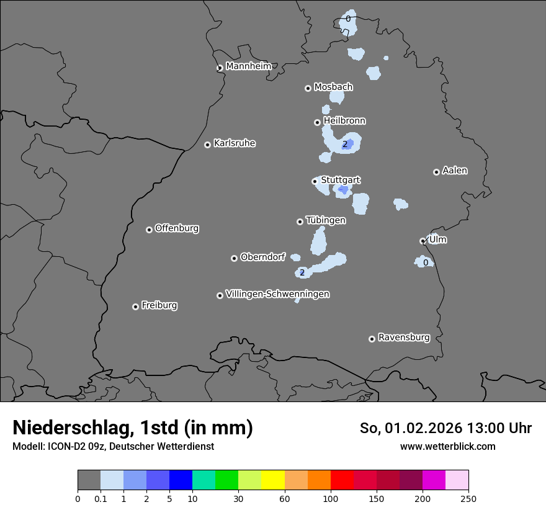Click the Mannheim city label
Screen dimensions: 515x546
248,66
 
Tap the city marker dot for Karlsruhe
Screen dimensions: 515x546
207,145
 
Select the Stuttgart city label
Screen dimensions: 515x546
340,181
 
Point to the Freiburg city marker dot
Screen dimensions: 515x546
135,307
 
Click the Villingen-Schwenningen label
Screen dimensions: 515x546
277,294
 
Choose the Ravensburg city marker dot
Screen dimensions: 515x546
372,339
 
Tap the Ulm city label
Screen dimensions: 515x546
437,240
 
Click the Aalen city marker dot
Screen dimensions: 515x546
436,172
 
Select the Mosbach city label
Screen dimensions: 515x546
333,87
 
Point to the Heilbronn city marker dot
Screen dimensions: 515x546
317,122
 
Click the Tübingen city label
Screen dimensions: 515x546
326,220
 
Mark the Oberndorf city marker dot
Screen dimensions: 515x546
234,258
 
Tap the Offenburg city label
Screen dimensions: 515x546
177,228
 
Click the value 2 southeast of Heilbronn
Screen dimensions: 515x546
345,145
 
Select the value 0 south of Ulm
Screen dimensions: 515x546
426,263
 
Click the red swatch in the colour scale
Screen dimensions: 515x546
342,480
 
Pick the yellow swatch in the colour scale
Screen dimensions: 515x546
273,480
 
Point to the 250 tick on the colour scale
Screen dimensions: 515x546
468,498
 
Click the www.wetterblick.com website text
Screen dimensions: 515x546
447,446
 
